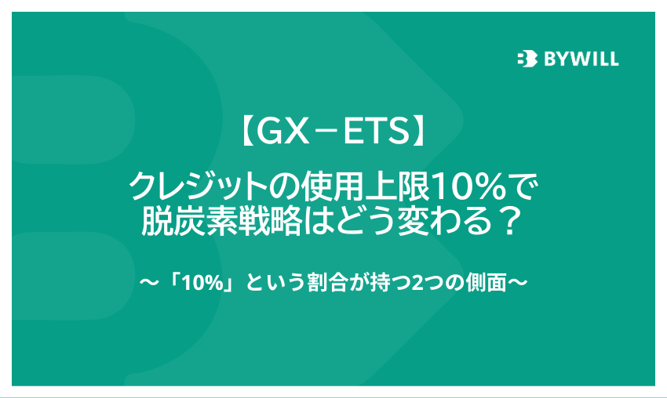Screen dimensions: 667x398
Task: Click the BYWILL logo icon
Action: pos(527,59)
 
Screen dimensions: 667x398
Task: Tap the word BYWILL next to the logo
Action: pos(581,59)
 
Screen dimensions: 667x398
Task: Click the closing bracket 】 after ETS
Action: pos(418,132)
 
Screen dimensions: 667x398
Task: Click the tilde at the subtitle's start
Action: pos(149,282)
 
